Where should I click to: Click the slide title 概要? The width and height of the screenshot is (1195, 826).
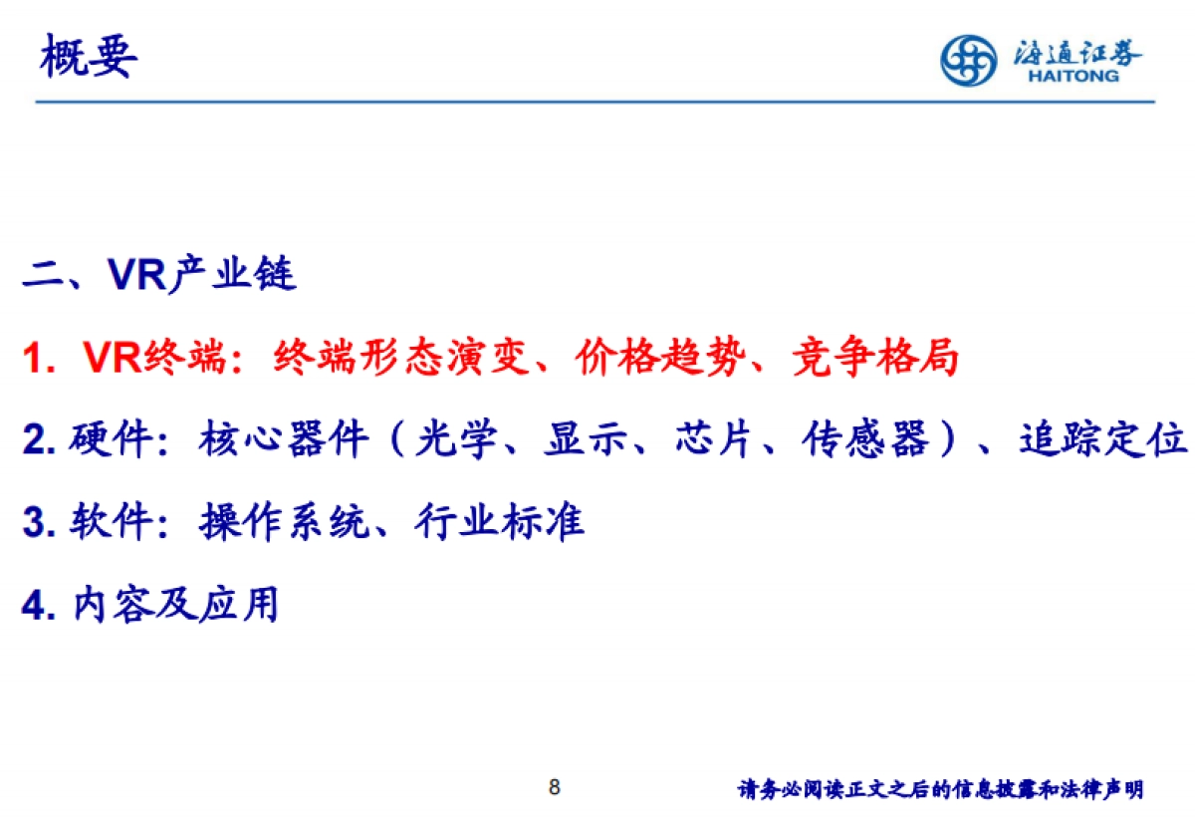[88, 57]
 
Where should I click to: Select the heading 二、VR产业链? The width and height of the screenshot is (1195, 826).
[159, 274]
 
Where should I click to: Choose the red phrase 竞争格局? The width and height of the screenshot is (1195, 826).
[875, 358]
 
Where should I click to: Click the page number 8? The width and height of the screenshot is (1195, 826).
[555, 788]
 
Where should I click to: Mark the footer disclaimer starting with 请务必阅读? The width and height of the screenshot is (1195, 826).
[940, 790]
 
